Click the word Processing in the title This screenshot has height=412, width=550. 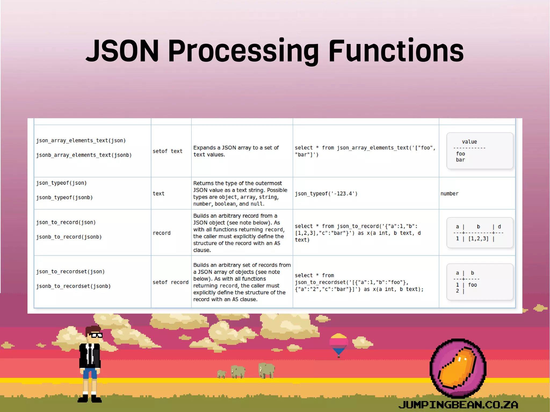[x=243, y=51]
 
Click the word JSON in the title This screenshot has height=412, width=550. [x=122, y=51]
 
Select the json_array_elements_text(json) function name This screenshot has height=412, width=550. [x=81, y=140]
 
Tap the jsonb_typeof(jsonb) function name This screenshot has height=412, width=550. [x=64, y=198]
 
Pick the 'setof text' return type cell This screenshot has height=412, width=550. [x=167, y=151]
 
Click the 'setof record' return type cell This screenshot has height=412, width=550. [x=171, y=282]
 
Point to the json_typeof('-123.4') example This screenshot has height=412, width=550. [x=326, y=194]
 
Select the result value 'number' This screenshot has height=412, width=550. [x=449, y=194]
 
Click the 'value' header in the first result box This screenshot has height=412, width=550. [x=469, y=142]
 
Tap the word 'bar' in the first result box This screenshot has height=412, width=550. [x=460, y=160]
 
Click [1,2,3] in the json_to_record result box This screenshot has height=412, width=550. [x=478, y=239]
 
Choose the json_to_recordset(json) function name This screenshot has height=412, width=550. [x=70, y=272]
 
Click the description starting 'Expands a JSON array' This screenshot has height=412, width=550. [x=236, y=151]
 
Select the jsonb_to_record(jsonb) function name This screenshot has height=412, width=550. [x=69, y=237]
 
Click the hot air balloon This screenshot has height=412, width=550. [x=339, y=344]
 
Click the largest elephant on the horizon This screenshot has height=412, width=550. [x=266, y=370]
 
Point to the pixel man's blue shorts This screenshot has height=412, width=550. [x=90, y=373]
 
